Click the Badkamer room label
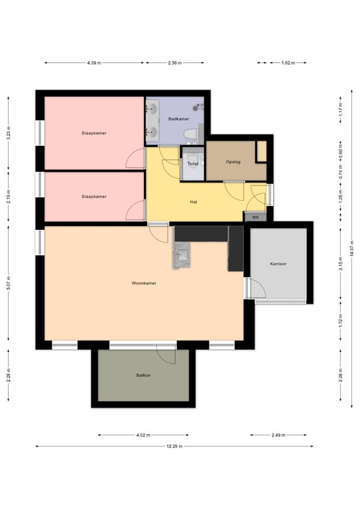tap(178, 119)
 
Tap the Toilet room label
tap(193, 164)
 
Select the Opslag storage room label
tap(233, 162)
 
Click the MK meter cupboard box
tap(255, 217)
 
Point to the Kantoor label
tap(278, 264)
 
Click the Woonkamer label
tap(144, 283)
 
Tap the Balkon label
tap(143, 375)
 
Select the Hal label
tap(194, 202)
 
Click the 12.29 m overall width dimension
tap(174, 446)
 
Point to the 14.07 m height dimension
tap(352, 249)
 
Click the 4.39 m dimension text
tap(94, 63)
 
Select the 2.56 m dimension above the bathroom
tap(175, 63)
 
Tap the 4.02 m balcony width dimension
tap(143, 435)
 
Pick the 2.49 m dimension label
tap(278, 435)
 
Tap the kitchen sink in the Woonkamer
tap(184, 254)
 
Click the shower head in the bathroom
tap(197, 107)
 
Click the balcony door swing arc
tap(166, 354)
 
